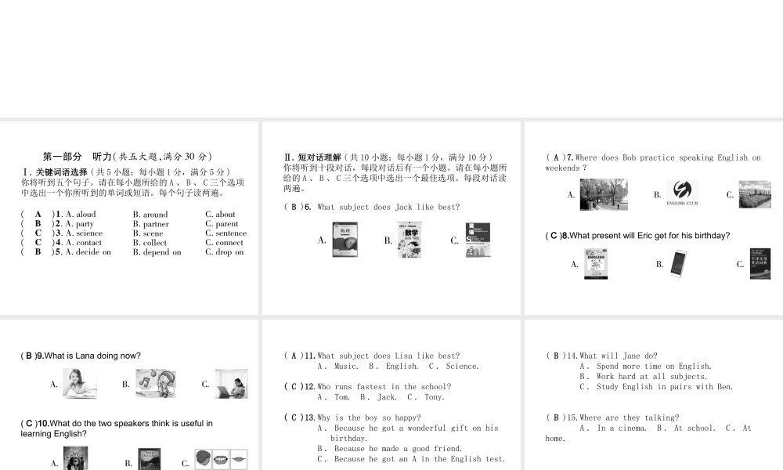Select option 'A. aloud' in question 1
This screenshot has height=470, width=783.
pos(81,214)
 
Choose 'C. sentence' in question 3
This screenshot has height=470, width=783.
pos(226,233)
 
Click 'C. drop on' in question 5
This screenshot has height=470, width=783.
pos(224,252)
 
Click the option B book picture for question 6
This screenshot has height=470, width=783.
pos(410,240)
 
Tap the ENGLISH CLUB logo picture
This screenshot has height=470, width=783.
pos(682,193)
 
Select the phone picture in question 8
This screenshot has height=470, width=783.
pos(678,263)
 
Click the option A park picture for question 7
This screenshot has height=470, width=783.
pos(603,194)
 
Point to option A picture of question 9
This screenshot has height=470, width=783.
pos(79,384)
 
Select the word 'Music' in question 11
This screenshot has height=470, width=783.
pos(346,366)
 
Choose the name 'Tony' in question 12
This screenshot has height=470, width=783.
pos(435,397)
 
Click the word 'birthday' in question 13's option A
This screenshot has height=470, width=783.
pos(349,439)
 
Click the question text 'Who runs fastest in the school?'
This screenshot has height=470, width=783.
pos(384,387)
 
